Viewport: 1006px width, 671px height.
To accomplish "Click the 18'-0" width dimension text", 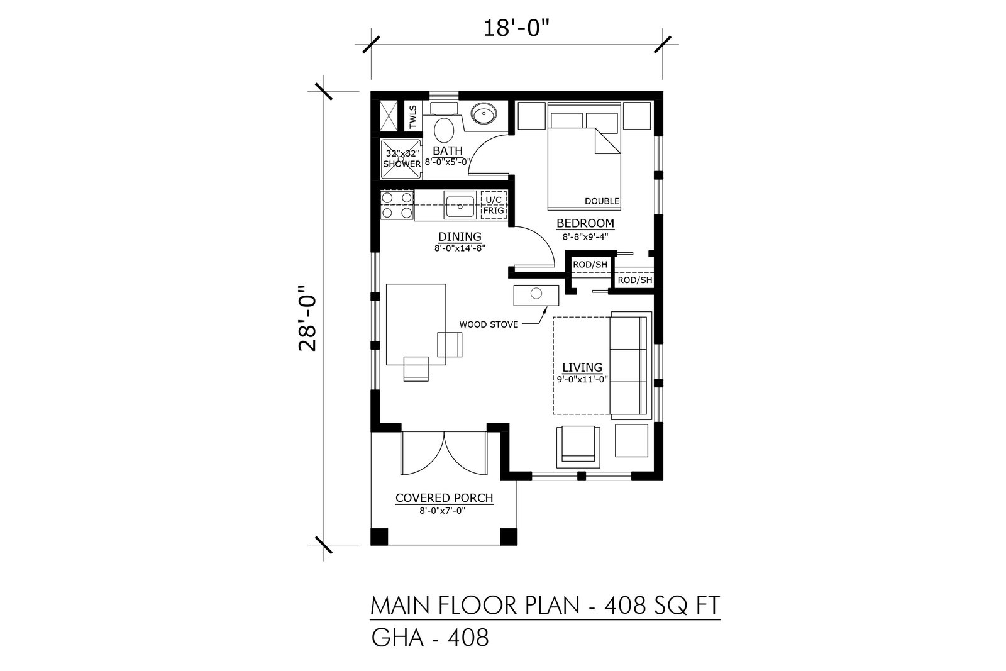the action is (x=516, y=29).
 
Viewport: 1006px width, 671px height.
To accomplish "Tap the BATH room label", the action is (x=447, y=150).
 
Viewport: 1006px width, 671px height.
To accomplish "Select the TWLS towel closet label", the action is (x=412, y=116).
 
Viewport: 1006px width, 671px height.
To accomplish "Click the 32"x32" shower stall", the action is (x=401, y=159).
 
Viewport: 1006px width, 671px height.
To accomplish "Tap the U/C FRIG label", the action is (x=494, y=205).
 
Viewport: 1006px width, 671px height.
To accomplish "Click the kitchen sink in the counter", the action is (x=460, y=205).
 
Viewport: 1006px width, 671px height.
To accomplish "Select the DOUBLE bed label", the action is (x=602, y=201).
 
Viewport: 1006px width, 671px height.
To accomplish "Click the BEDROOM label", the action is (x=585, y=223).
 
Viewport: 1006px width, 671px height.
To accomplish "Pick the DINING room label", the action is (x=460, y=236).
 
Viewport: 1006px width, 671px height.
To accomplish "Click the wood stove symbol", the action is (x=536, y=295).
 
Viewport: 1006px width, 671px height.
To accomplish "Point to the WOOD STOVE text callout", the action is (x=489, y=324).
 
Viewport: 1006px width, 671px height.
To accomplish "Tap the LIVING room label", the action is (x=582, y=367).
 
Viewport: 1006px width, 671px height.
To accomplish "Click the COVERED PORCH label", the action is (x=444, y=498).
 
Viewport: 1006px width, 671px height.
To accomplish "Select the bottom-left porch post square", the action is (x=379, y=536).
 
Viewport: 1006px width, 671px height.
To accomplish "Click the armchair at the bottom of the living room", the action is (x=578, y=447).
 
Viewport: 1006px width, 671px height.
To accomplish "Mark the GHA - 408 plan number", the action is (x=430, y=638).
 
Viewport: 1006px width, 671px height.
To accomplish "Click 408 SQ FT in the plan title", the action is (x=661, y=606).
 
